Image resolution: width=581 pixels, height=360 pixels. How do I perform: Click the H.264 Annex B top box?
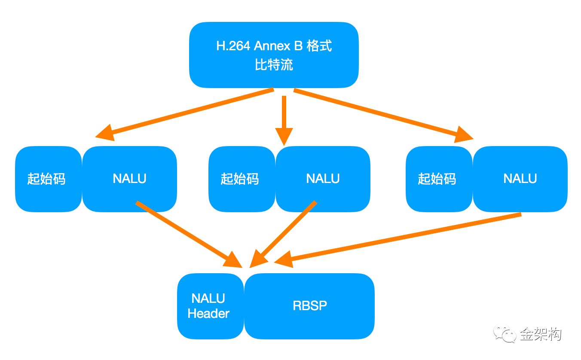274,55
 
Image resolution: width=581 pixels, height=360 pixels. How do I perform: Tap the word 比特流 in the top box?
274,65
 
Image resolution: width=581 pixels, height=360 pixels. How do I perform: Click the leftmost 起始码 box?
47,179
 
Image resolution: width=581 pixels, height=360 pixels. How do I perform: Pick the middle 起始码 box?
240,179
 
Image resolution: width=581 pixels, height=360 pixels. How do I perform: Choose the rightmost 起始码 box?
437,179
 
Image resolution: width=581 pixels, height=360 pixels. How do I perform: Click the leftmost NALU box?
129,179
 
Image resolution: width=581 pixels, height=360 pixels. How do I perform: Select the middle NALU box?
323,179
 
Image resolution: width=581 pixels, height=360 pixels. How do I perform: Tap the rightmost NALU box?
520,179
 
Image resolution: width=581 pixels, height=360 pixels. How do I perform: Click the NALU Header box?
209,306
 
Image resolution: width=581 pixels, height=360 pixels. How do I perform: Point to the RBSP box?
309,306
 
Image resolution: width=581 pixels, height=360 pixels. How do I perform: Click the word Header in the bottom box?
208,314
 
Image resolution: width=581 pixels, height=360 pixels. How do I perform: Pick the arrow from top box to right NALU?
382,114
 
